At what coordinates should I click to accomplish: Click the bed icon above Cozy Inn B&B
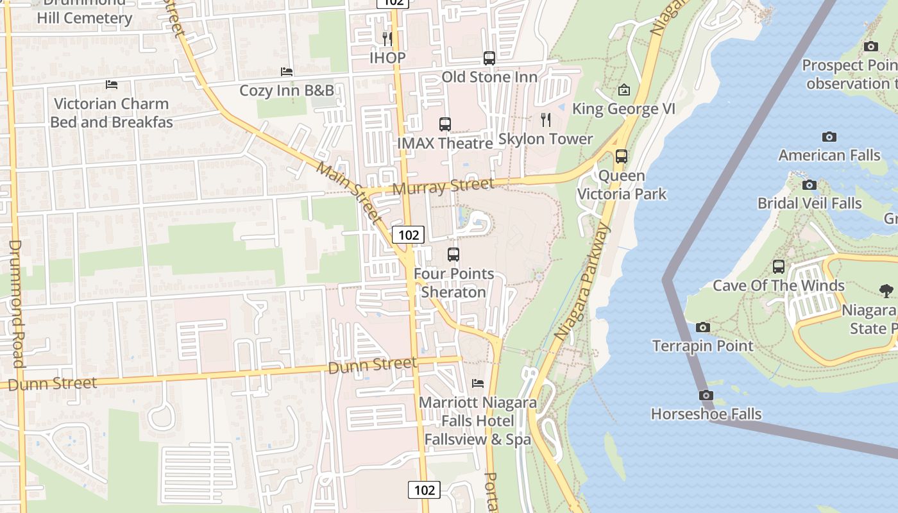(287, 72)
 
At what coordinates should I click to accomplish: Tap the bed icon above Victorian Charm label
(112, 85)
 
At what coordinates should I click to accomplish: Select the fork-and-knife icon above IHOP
(387, 38)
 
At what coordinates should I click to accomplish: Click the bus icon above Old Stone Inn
(489, 58)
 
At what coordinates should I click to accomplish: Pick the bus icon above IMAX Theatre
(445, 124)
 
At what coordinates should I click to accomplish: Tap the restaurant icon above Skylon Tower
(546, 119)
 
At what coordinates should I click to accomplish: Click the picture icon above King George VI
(623, 90)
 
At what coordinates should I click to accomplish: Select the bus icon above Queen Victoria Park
(621, 156)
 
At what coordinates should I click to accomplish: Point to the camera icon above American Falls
(829, 137)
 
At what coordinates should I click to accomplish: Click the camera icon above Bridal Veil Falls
(809, 185)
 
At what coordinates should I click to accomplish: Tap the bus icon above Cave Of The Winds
(779, 267)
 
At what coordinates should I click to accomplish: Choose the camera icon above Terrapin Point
(703, 328)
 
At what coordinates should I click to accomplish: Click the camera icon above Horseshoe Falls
(706, 395)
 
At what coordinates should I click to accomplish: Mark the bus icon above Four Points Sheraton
(453, 255)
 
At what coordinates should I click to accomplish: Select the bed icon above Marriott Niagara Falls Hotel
(478, 383)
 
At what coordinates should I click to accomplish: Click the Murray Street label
(443, 187)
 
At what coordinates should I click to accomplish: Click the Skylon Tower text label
(546, 139)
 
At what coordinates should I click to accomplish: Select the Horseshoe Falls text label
(706, 414)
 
